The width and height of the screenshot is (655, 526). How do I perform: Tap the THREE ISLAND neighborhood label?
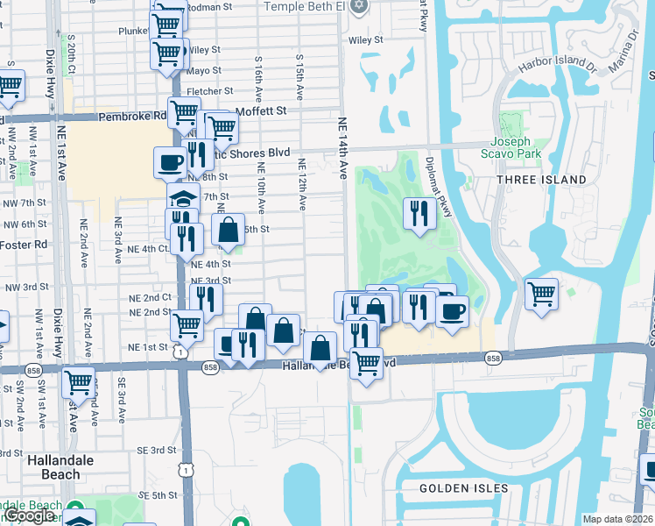541,180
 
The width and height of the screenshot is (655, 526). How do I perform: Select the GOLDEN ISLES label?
463,487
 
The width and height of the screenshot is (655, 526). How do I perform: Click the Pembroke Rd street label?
132,116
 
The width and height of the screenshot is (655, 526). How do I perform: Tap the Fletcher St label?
208,90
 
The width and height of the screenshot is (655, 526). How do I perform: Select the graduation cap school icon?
184,197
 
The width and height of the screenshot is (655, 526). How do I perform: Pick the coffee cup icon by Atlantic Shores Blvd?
170,161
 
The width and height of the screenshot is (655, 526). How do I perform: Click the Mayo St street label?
203,70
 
